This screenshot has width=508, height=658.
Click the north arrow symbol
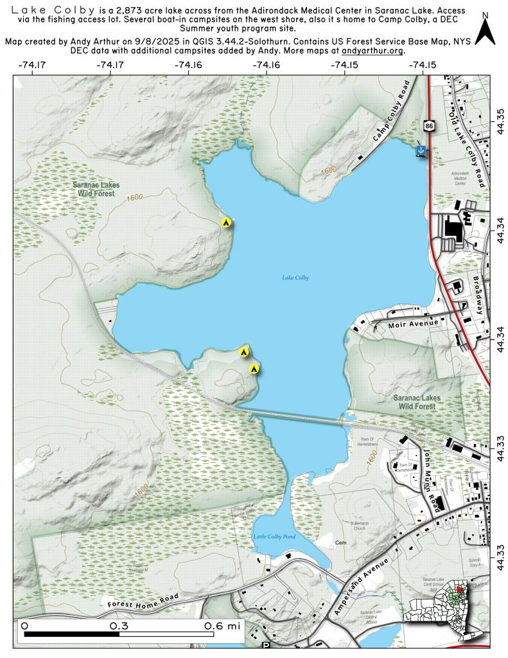pos(487,30)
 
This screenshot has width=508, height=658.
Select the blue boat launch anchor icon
pos(421,150)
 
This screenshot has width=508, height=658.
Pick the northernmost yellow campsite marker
pos(226,222)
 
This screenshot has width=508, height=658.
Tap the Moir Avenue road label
pos(413,323)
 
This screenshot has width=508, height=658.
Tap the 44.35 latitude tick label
pos(500,119)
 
